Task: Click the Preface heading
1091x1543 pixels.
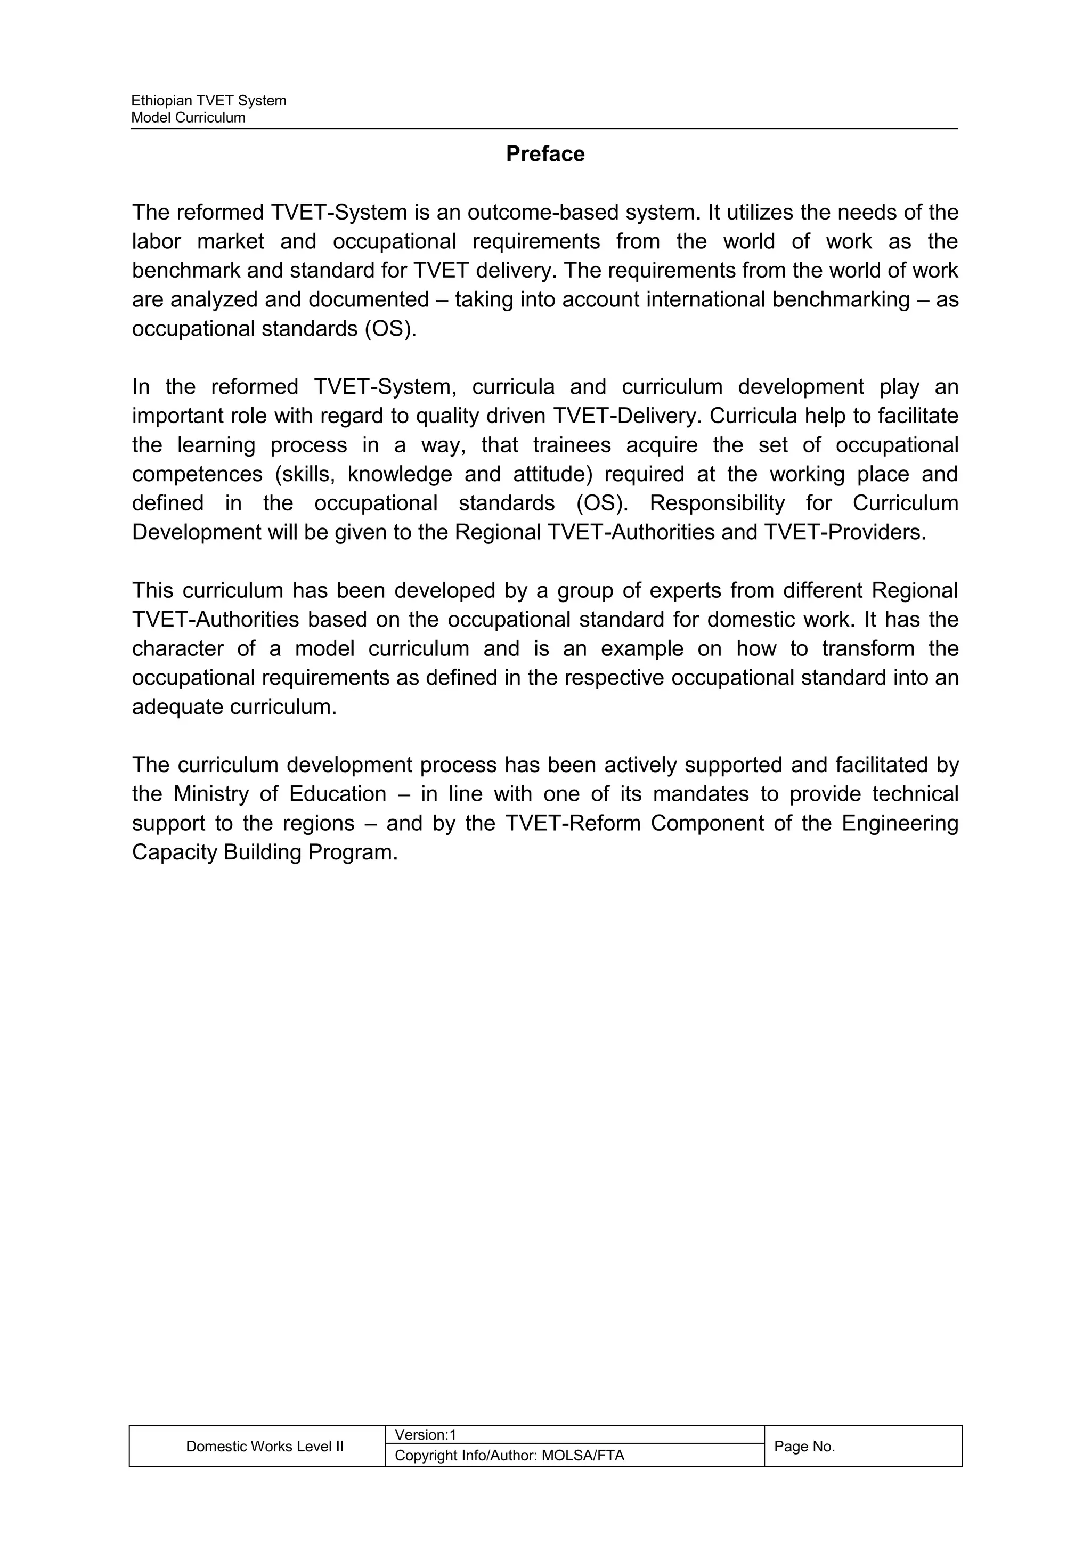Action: point(545,154)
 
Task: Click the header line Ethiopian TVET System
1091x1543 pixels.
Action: point(208,101)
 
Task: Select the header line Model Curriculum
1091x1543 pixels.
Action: point(188,118)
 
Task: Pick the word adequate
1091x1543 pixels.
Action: point(177,707)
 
